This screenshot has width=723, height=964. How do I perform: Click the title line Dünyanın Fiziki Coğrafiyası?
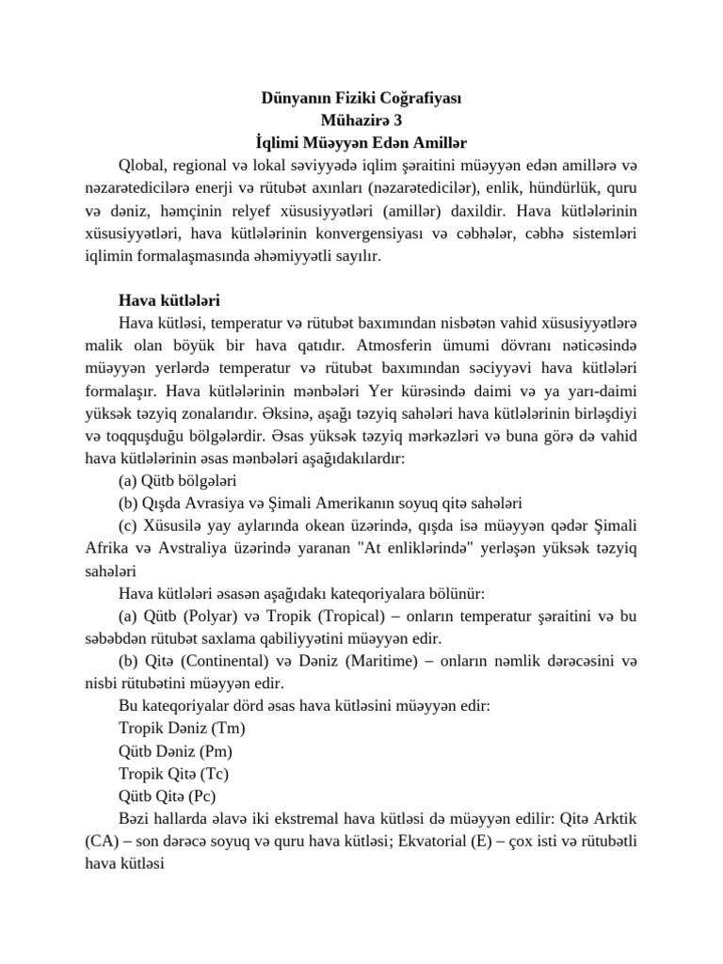pos(361,97)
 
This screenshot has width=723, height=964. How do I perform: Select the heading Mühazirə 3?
pos(361,120)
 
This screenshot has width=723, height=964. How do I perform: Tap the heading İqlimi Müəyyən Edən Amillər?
pos(361,142)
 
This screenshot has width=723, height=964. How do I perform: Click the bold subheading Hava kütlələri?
pos(169,301)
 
